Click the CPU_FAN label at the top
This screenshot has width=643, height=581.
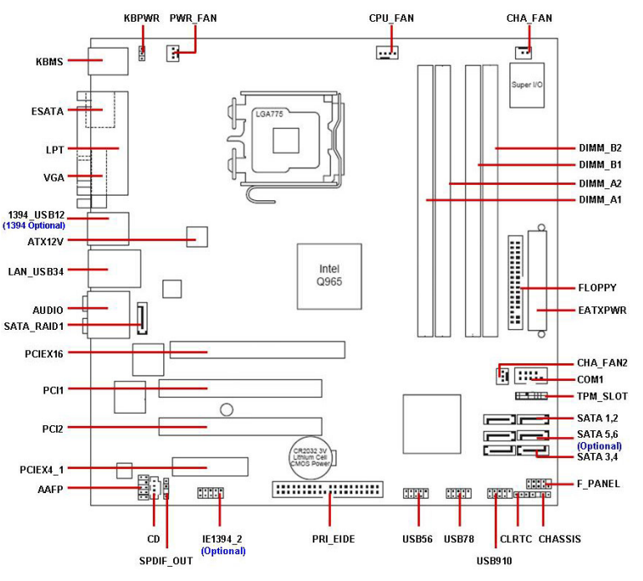pos(391,18)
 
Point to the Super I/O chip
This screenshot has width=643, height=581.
pos(528,85)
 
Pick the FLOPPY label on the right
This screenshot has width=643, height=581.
pos(597,288)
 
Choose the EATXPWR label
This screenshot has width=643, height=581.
pos(602,311)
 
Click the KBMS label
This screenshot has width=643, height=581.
pos(49,60)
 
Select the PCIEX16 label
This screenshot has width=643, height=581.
pos(44,352)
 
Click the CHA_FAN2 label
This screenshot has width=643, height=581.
pos(602,362)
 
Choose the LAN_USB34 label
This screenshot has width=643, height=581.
pos(35,270)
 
